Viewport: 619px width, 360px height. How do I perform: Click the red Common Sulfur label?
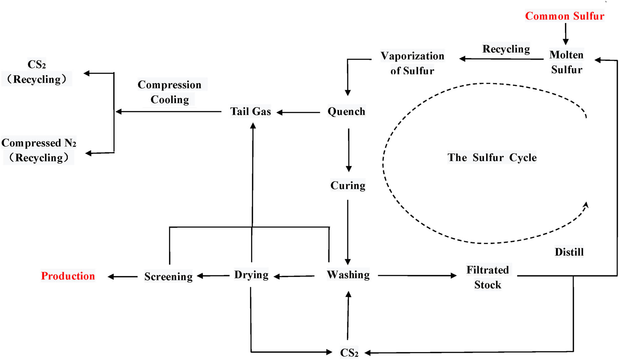coord(565,16)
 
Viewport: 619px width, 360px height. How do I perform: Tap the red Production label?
coord(68,276)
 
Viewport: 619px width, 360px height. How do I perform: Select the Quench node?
coord(346,111)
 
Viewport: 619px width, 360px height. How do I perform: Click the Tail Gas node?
coord(250,111)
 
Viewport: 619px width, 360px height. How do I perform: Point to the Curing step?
coord(348,185)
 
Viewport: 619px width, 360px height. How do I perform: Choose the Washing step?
coord(348,275)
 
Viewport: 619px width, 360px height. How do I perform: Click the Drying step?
coord(251,275)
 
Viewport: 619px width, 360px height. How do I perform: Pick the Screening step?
coord(168,276)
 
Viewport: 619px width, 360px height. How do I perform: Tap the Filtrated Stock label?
coord(488,277)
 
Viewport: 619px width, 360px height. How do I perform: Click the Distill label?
coord(569,252)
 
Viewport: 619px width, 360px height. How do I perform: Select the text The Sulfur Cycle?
coord(492,157)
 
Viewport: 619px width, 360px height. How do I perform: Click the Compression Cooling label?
coord(170,92)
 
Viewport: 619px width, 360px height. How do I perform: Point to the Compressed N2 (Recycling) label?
coord(39,150)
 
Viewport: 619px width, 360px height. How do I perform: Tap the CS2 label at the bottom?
coord(349,353)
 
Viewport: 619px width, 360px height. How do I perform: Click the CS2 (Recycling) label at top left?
coord(37,72)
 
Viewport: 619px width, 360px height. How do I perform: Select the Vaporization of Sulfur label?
coord(412,63)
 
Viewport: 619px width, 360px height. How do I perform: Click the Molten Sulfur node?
coord(566,62)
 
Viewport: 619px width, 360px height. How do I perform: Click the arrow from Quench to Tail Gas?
coord(298,113)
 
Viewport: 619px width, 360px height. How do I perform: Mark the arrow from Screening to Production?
coord(123,276)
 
